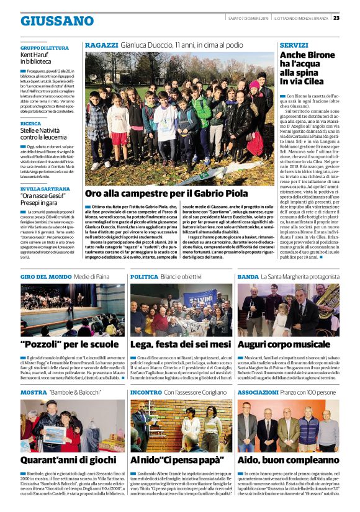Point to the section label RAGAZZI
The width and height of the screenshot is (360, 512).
pos(101,45)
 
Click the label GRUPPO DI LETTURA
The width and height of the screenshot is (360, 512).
pos(44,48)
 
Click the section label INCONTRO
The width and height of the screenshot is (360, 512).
pos(146,392)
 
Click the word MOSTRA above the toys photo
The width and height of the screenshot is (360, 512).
pos(34,392)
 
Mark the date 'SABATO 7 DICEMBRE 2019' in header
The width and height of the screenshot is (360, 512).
pos(246,17)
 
